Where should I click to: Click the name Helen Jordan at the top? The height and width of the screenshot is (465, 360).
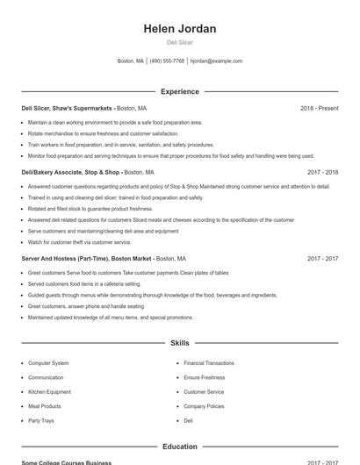click(179, 29)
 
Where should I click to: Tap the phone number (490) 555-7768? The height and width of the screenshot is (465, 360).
click(167, 61)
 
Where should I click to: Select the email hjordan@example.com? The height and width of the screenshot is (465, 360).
click(216, 61)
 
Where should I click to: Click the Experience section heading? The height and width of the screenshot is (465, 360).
click(179, 91)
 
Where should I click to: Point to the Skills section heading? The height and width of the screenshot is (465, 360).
click(179, 343)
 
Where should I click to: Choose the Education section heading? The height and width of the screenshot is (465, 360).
click(179, 447)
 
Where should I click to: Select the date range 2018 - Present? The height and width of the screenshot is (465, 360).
click(319, 108)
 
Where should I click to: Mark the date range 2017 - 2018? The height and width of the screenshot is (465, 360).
click(322, 172)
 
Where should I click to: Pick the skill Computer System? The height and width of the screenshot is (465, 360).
click(48, 362)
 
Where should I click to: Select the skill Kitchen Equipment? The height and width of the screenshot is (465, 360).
click(49, 392)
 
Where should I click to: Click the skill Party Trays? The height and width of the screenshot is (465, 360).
click(41, 421)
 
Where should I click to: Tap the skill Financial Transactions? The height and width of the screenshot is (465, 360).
click(208, 362)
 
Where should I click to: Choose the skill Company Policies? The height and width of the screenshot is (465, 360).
click(204, 406)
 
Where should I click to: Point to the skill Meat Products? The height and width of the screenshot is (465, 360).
click(45, 406)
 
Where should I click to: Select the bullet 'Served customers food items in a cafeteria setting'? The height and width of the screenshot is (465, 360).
click(84, 284)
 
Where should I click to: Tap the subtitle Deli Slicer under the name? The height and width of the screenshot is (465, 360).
click(179, 42)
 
